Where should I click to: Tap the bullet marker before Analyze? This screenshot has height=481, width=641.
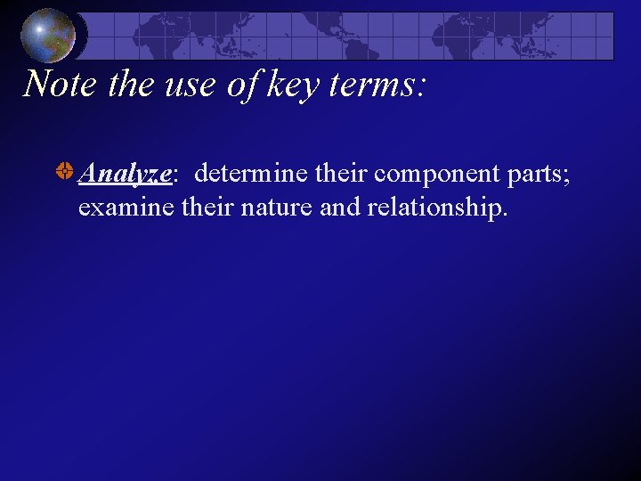pyautogui.click(x=65, y=173)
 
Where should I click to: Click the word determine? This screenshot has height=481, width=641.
pyautogui.click(x=252, y=174)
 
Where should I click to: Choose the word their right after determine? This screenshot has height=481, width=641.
pyautogui.click(x=342, y=174)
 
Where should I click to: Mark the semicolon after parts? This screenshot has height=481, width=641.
pyautogui.click(x=566, y=175)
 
